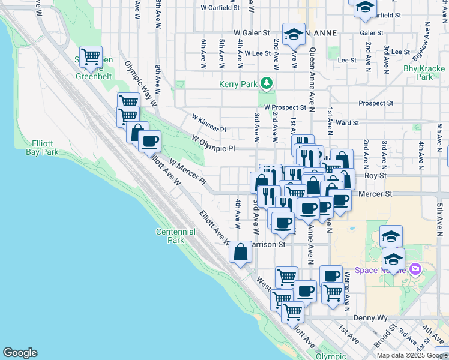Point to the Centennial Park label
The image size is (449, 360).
click(175, 236)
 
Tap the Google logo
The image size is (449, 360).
click(20, 353)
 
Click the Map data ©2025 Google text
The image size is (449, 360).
click(411, 355)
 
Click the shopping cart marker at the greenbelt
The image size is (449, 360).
click(91, 57)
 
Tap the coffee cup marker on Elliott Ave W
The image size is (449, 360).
click(149, 142)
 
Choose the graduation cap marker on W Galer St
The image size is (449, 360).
click(294, 34)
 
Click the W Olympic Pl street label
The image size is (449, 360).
click(212, 143)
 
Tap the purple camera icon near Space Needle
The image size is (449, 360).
click(414, 269)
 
